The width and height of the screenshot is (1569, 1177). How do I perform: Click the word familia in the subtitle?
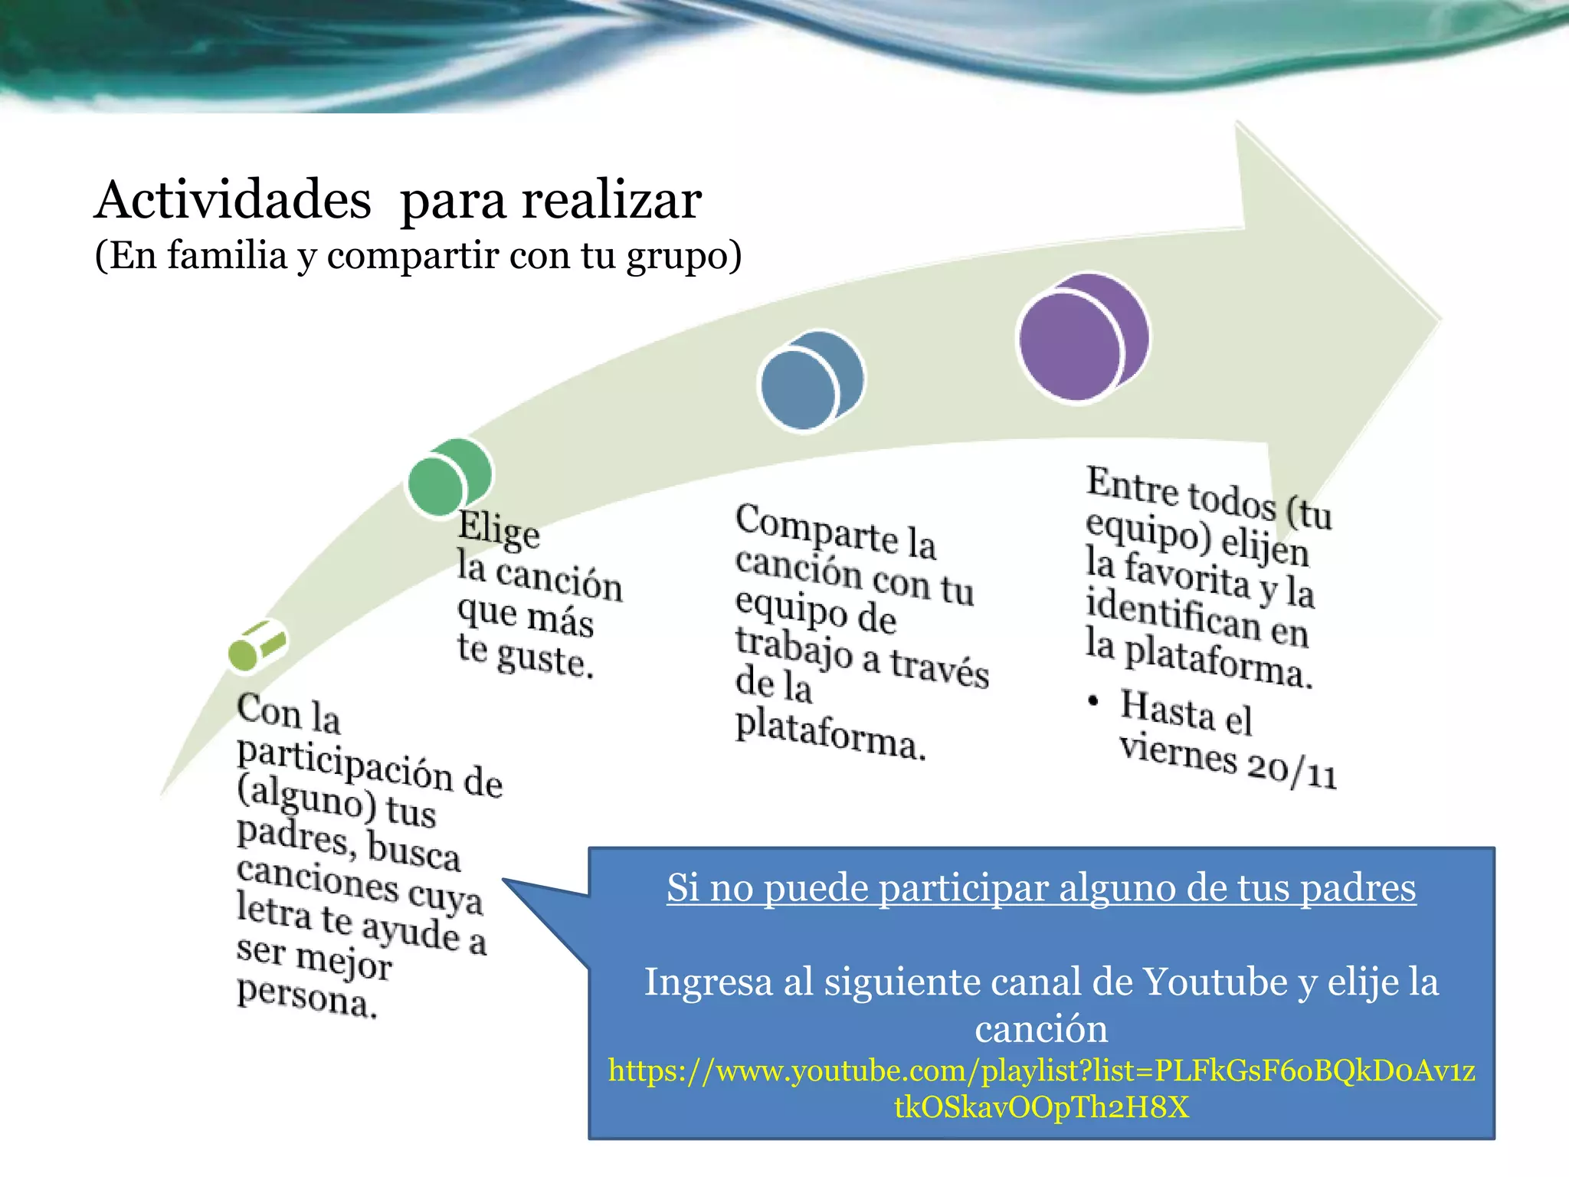click(227, 255)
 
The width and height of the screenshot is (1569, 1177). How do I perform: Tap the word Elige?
click(498, 529)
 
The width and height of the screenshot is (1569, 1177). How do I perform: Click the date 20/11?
click(1292, 771)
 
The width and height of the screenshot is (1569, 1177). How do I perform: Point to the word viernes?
click(1178, 754)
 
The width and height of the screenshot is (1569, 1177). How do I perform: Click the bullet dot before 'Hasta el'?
click(1094, 700)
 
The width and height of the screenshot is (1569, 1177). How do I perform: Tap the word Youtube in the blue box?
click(1215, 982)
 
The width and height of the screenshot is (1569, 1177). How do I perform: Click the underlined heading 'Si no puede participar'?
click(1041, 888)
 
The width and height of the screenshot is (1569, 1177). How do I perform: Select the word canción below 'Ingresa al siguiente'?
click(1041, 1028)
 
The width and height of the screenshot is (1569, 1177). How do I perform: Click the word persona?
click(306, 996)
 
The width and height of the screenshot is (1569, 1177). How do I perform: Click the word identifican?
click(1172, 615)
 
